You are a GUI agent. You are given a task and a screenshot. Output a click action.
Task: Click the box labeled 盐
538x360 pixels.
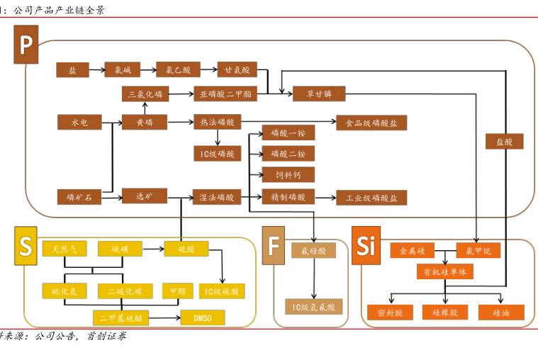click(x=72, y=69)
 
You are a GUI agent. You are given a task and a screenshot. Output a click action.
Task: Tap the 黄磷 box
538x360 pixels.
click(x=145, y=122)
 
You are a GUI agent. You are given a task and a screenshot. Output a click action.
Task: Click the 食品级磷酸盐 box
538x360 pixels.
click(x=371, y=122)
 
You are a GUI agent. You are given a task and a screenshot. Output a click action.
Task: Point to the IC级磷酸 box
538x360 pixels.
click(x=217, y=153)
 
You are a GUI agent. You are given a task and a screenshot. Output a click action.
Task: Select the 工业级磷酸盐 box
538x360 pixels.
click(x=371, y=198)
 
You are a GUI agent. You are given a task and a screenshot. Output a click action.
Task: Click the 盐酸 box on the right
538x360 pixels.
click(x=505, y=142)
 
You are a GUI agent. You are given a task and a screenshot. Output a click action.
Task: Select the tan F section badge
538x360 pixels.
click(x=274, y=247)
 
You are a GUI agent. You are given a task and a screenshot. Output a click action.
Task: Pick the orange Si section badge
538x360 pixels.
click(x=366, y=247)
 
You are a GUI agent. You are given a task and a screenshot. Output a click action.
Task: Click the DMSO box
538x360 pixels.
click(x=203, y=316)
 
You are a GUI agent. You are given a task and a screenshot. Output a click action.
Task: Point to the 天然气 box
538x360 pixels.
click(x=65, y=249)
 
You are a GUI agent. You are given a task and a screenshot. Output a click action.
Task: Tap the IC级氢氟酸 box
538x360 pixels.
click(x=314, y=306)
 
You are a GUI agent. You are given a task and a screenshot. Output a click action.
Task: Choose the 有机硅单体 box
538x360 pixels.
click(x=444, y=271)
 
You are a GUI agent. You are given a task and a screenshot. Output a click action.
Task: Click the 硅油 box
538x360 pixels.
click(x=501, y=312)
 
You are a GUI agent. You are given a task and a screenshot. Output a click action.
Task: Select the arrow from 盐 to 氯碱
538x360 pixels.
click(x=96, y=69)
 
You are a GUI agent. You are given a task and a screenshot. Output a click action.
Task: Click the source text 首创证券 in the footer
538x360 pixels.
click(x=106, y=337)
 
